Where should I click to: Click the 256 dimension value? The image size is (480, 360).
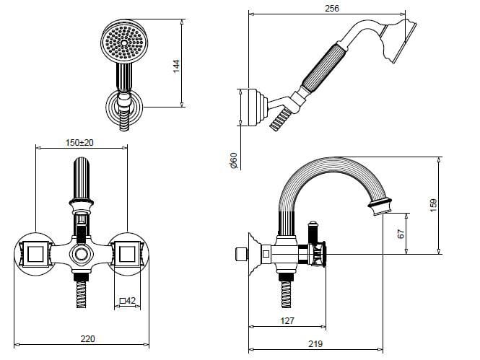332,8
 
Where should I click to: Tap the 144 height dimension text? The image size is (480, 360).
176,66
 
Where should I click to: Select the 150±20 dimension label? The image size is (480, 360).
79,143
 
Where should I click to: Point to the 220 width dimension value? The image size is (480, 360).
88,338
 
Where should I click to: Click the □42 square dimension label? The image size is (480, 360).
127,301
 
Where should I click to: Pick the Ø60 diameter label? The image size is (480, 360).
234,161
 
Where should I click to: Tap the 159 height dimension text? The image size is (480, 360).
434,206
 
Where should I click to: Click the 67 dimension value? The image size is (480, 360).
401,234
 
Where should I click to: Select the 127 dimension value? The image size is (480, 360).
287,320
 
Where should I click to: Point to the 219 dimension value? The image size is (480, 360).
315,344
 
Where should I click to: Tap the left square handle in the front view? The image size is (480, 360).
36,254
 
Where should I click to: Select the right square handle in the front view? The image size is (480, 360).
127,254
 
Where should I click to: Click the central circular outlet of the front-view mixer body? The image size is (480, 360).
82,255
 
